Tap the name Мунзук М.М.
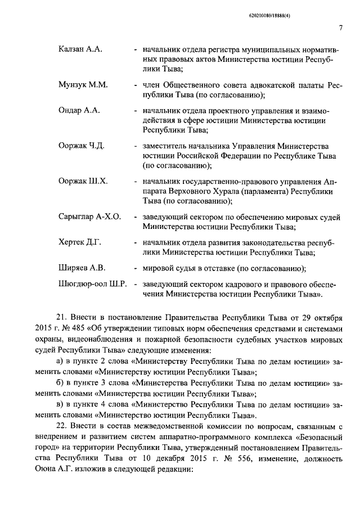tap(83, 84)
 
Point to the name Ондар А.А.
tap(79, 110)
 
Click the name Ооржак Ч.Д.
tap(82, 146)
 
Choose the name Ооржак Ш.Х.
tap(83, 181)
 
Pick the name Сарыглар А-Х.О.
tap(89, 217)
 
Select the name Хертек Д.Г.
tap(79, 242)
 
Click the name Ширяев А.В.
tap(82, 267)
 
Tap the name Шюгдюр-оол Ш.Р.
tap(93, 283)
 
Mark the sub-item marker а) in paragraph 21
tap(62, 362)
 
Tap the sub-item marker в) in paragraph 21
tap(62, 405)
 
